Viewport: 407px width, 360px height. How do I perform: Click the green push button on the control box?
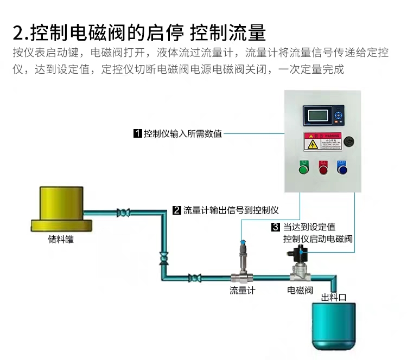click(303, 170)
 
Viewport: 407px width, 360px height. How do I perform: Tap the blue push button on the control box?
click(342, 170)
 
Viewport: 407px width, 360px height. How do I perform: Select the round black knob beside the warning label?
click(349, 142)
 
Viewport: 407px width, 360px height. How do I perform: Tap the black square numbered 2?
click(176, 210)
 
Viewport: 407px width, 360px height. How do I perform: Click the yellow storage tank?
click(61, 209)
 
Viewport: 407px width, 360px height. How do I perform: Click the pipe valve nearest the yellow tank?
click(124, 213)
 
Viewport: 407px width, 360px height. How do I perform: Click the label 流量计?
click(242, 291)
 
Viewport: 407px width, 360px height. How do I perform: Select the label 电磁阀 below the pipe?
click(300, 291)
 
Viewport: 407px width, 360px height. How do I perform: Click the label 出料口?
click(334, 298)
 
